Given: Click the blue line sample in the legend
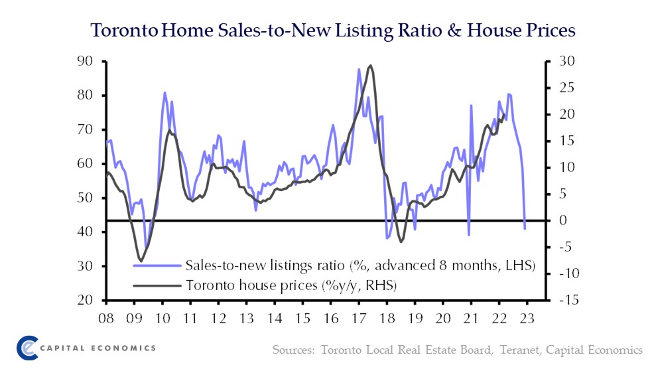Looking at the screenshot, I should coord(158,266).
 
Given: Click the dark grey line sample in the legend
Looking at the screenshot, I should coord(158,285).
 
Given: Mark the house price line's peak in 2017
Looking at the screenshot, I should coord(369,66).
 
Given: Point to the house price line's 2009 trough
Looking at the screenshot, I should coord(141,260).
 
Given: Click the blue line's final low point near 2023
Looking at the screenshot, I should coord(525,229).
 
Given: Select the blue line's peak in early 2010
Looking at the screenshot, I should coord(164,93).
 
